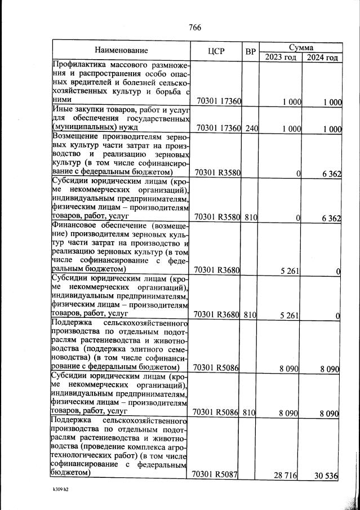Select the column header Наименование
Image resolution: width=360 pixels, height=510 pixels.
121,51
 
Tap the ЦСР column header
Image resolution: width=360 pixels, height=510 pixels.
216,51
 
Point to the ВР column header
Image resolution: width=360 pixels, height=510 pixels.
251,51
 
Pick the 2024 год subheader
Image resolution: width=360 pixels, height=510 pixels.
322,57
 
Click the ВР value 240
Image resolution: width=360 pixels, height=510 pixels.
251,128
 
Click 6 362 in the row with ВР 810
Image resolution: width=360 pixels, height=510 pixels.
330,218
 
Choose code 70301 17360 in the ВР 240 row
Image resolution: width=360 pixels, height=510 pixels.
216,128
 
